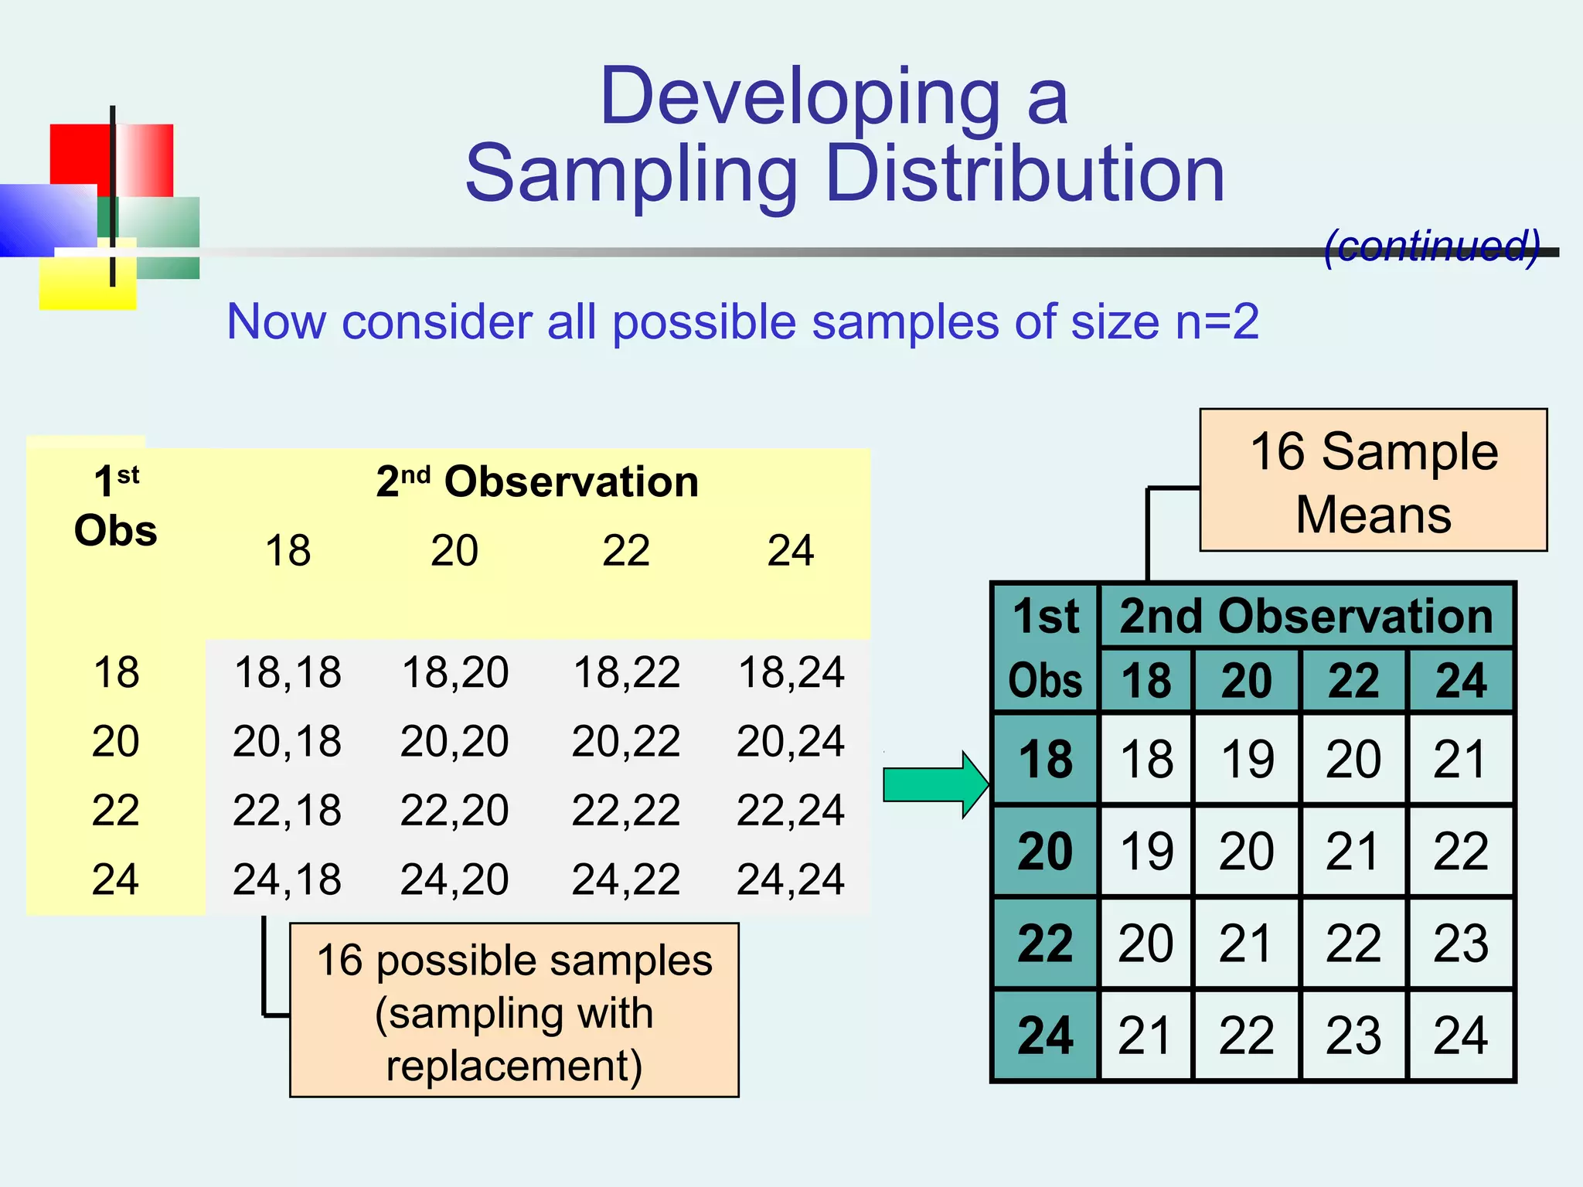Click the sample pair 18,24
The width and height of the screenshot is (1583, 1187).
click(x=791, y=672)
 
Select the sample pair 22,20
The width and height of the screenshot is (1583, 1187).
click(x=454, y=811)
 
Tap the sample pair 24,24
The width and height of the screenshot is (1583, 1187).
click(x=791, y=879)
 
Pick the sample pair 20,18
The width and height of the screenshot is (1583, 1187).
click(x=287, y=742)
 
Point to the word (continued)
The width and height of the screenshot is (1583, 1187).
click(x=1432, y=246)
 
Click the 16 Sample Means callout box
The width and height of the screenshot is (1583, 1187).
click(x=1373, y=481)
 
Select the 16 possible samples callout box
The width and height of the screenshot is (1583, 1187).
click(x=514, y=1011)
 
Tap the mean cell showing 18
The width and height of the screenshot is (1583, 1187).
click(x=1146, y=759)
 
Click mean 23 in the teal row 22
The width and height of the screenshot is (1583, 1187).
click(x=1460, y=944)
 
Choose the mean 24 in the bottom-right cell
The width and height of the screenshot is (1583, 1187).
click(x=1460, y=1036)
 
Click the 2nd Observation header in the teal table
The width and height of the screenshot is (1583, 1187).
click(x=1306, y=617)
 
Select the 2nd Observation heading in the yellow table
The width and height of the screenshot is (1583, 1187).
click(x=537, y=482)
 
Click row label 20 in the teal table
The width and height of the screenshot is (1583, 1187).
click(x=1045, y=852)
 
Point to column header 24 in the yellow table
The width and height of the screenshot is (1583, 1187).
click(x=790, y=551)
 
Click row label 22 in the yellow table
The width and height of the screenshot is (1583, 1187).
click(x=116, y=811)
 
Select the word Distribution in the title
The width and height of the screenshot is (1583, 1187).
click(x=1025, y=175)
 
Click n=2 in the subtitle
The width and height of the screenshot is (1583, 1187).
click(x=1217, y=322)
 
